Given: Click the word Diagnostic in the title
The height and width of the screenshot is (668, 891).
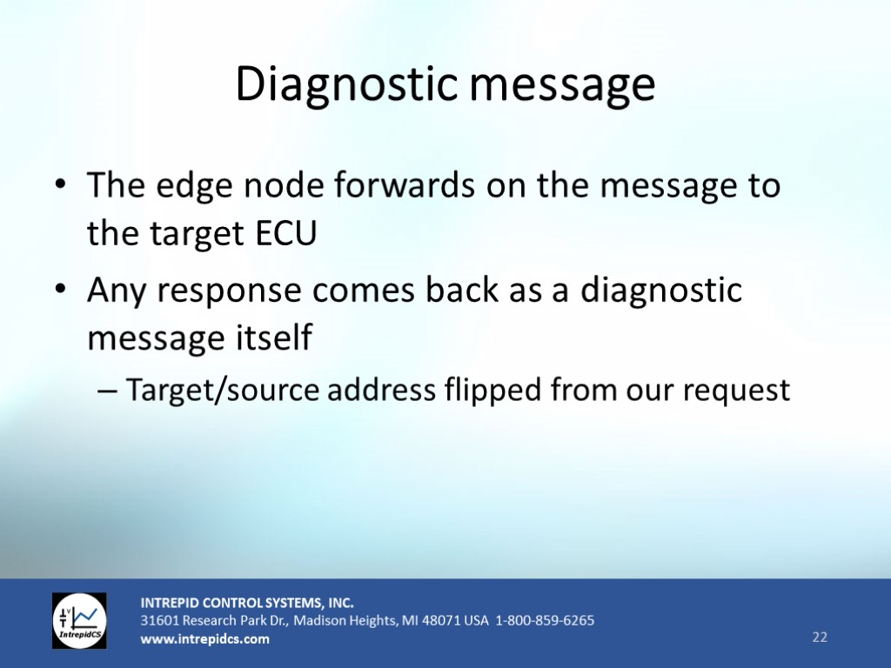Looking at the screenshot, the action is pos(346,84).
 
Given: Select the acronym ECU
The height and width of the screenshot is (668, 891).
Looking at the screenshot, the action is pos(285,233).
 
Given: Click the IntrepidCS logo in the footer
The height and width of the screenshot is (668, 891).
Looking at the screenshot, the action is pos(79,621).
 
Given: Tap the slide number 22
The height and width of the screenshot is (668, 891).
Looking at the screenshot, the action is pos(820,637).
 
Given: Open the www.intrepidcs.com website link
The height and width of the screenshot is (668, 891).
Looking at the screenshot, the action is pos(205,639).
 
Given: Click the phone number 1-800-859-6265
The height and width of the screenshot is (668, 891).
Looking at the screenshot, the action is pos(545,620).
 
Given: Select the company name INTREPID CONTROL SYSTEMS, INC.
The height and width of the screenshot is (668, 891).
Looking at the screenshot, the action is pos(247,603).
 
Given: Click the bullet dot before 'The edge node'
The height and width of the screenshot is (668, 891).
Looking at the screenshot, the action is pos(60,185).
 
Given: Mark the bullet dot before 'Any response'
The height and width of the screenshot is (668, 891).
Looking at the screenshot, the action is pos(60,290).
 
